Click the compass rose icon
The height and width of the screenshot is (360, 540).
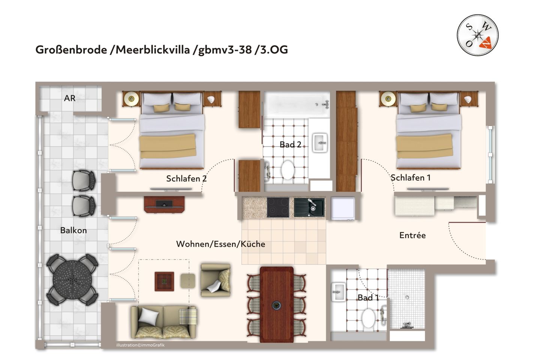[x=477, y=36]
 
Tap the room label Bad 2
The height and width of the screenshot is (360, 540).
[x=290, y=144]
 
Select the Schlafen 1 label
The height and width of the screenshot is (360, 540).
[x=410, y=177]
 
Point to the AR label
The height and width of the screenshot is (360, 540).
[x=70, y=98]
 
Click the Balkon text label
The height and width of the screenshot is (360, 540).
[x=73, y=230]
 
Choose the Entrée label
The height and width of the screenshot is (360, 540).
[x=412, y=235]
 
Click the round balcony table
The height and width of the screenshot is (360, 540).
[x=72, y=279]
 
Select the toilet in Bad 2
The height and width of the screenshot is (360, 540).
[x=288, y=170]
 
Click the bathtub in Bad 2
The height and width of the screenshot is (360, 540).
[x=297, y=103]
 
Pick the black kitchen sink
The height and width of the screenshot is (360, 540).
[x=309, y=207]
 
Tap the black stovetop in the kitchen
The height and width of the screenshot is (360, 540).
[x=278, y=207]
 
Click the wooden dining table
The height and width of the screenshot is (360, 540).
[x=276, y=304]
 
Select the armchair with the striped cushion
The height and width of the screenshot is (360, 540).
[x=216, y=280]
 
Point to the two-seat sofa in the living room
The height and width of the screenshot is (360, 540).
[x=163, y=322]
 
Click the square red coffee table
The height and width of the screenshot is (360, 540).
[x=164, y=281]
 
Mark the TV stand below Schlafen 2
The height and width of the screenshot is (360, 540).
[x=164, y=204]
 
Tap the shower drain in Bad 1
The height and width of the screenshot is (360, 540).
[x=407, y=297]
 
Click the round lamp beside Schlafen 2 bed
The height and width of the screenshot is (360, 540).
[x=131, y=99]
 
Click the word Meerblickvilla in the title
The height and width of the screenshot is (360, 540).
[x=153, y=49]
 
